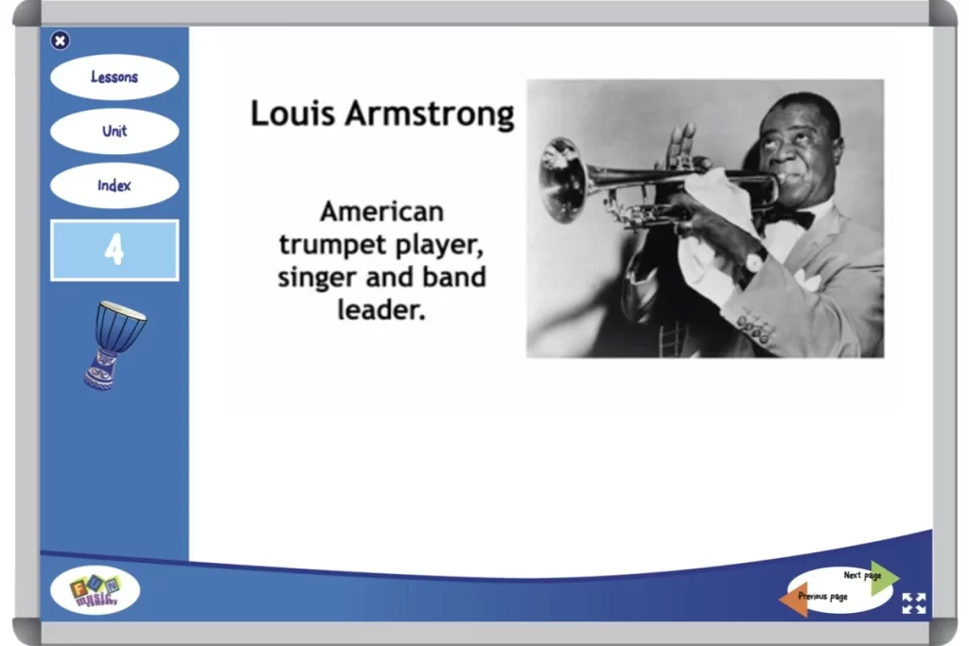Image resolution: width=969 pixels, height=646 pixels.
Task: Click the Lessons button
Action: (115, 78)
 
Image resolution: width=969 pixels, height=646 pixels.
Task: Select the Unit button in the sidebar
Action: (115, 131)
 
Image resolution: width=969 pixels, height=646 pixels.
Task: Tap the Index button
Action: (115, 185)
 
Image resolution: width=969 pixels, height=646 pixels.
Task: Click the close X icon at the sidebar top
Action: (60, 40)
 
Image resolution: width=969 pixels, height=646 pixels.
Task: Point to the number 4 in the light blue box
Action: (115, 251)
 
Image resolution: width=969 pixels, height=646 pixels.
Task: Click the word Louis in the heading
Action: (292, 113)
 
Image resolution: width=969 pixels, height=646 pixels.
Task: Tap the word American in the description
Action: (381, 211)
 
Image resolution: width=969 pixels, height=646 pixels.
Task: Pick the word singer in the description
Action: (317, 277)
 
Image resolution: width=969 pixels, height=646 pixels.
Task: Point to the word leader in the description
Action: (380, 309)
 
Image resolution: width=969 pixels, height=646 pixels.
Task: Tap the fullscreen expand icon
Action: (913, 603)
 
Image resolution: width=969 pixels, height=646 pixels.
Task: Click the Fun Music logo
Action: (95, 592)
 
